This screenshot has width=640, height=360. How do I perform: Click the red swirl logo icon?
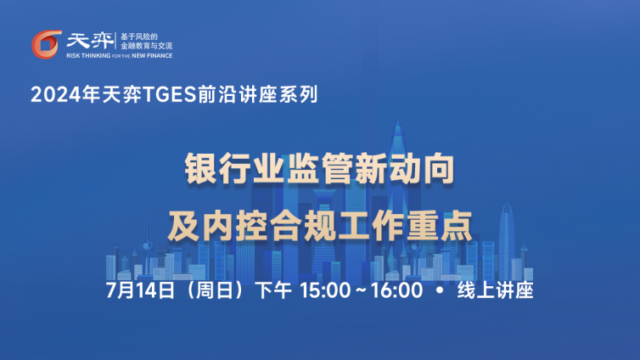[x=46, y=44]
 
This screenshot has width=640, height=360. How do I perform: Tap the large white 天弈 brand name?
[x=90, y=41]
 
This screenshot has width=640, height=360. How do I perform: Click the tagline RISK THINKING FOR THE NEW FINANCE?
[x=119, y=55]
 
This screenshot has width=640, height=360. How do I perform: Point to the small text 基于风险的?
[x=138, y=37]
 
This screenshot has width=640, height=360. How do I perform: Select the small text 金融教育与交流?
[x=146, y=46]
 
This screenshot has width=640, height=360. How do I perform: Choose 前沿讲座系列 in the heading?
[x=258, y=95]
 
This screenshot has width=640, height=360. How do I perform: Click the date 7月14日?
[x=140, y=290]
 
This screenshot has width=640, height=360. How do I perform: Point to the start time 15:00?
[x=325, y=290]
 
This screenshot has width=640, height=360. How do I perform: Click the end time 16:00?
[x=396, y=290]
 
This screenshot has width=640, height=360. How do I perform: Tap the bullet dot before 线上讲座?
[x=440, y=290]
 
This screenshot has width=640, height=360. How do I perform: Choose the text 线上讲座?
[x=495, y=290]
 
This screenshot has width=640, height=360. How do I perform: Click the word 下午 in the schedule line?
[x=273, y=290]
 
